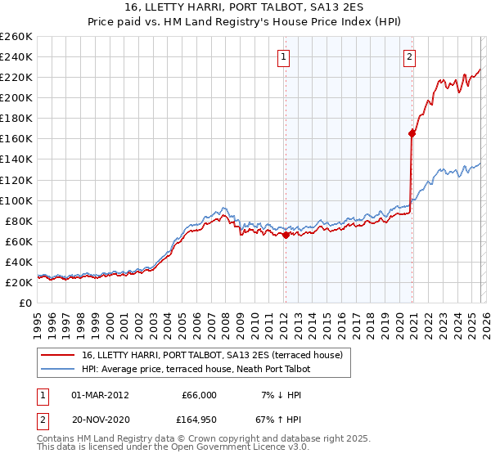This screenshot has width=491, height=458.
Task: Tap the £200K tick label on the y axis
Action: pos(16,97)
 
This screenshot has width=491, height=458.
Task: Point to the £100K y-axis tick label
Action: pos(16,200)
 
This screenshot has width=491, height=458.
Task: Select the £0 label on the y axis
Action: pos(26,303)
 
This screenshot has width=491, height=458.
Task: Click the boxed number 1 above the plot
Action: pos(283,56)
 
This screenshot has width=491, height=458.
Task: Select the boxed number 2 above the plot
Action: pos(409,56)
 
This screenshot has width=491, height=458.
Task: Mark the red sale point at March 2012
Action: pos(286,235)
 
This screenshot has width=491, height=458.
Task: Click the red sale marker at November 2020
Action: pos(412,134)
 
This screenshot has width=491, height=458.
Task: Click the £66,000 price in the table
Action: pos(197,394)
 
